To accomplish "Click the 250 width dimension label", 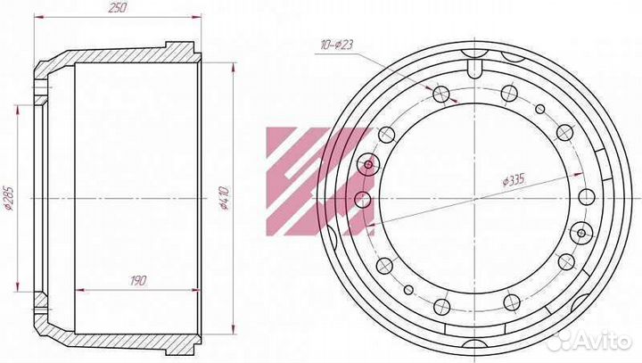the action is coord(117,7).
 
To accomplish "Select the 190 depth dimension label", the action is coord(138,281).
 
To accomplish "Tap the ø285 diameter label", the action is coord(9,199).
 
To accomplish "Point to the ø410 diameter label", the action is coord(225,198).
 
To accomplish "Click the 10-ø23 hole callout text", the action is coord(336,45).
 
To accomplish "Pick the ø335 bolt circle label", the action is coord(514,180).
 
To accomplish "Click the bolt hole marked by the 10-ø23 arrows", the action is coord(441,95).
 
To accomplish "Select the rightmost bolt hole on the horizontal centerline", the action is coord(587,197).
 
